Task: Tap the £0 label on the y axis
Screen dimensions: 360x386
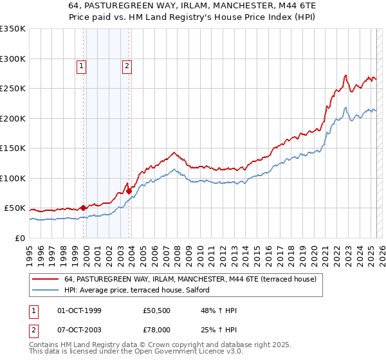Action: click(x=20, y=238)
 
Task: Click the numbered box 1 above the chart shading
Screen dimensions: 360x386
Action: click(x=82, y=66)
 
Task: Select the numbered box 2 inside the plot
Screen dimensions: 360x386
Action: click(x=127, y=66)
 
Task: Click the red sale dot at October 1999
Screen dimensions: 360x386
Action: click(x=83, y=208)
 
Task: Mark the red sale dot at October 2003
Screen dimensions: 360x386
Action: click(x=129, y=191)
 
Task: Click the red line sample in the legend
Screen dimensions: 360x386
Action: click(x=45, y=280)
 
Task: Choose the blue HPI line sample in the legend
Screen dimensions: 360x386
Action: click(x=45, y=291)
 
